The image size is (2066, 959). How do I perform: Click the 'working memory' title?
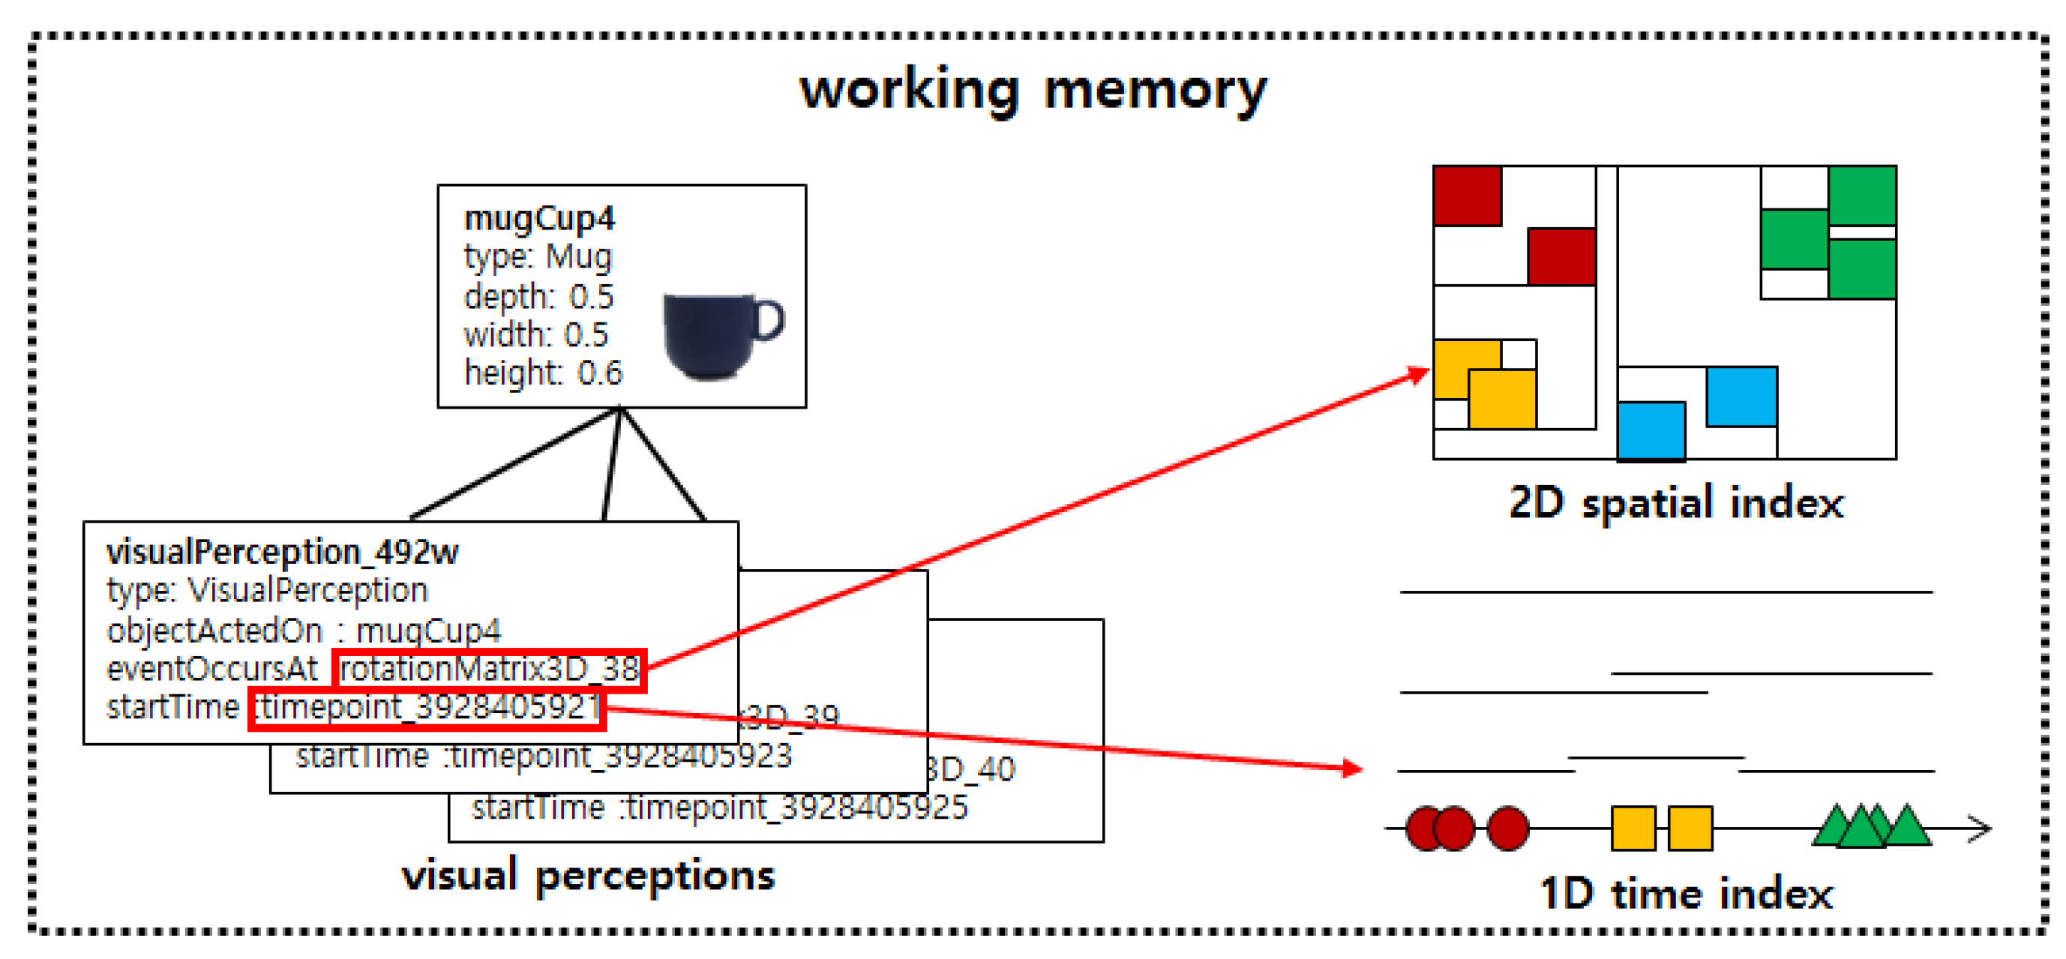tap(1033, 90)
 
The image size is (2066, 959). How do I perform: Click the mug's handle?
tap(770, 321)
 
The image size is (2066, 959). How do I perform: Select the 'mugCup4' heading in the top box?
tap(539, 218)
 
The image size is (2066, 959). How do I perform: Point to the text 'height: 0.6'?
tap(543, 373)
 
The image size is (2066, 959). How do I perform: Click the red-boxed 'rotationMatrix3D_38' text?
tap(489, 670)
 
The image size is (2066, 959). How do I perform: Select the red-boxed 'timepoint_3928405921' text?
tap(427, 708)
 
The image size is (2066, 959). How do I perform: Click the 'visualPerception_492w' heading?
tap(282, 552)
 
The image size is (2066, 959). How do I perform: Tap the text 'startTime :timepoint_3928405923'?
tap(544, 756)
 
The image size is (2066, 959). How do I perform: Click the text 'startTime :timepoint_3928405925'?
tap(719, 808)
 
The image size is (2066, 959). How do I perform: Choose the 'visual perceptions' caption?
tap(588, 875)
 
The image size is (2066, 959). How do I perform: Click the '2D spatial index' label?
tap(1675, 504)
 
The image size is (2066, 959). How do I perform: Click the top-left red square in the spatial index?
tap(1467, 196)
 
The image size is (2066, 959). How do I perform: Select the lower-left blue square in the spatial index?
tap(1651, 431)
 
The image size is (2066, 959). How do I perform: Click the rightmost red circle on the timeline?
tap(1507, 829)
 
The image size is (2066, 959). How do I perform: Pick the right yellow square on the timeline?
tap(1690, 829)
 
